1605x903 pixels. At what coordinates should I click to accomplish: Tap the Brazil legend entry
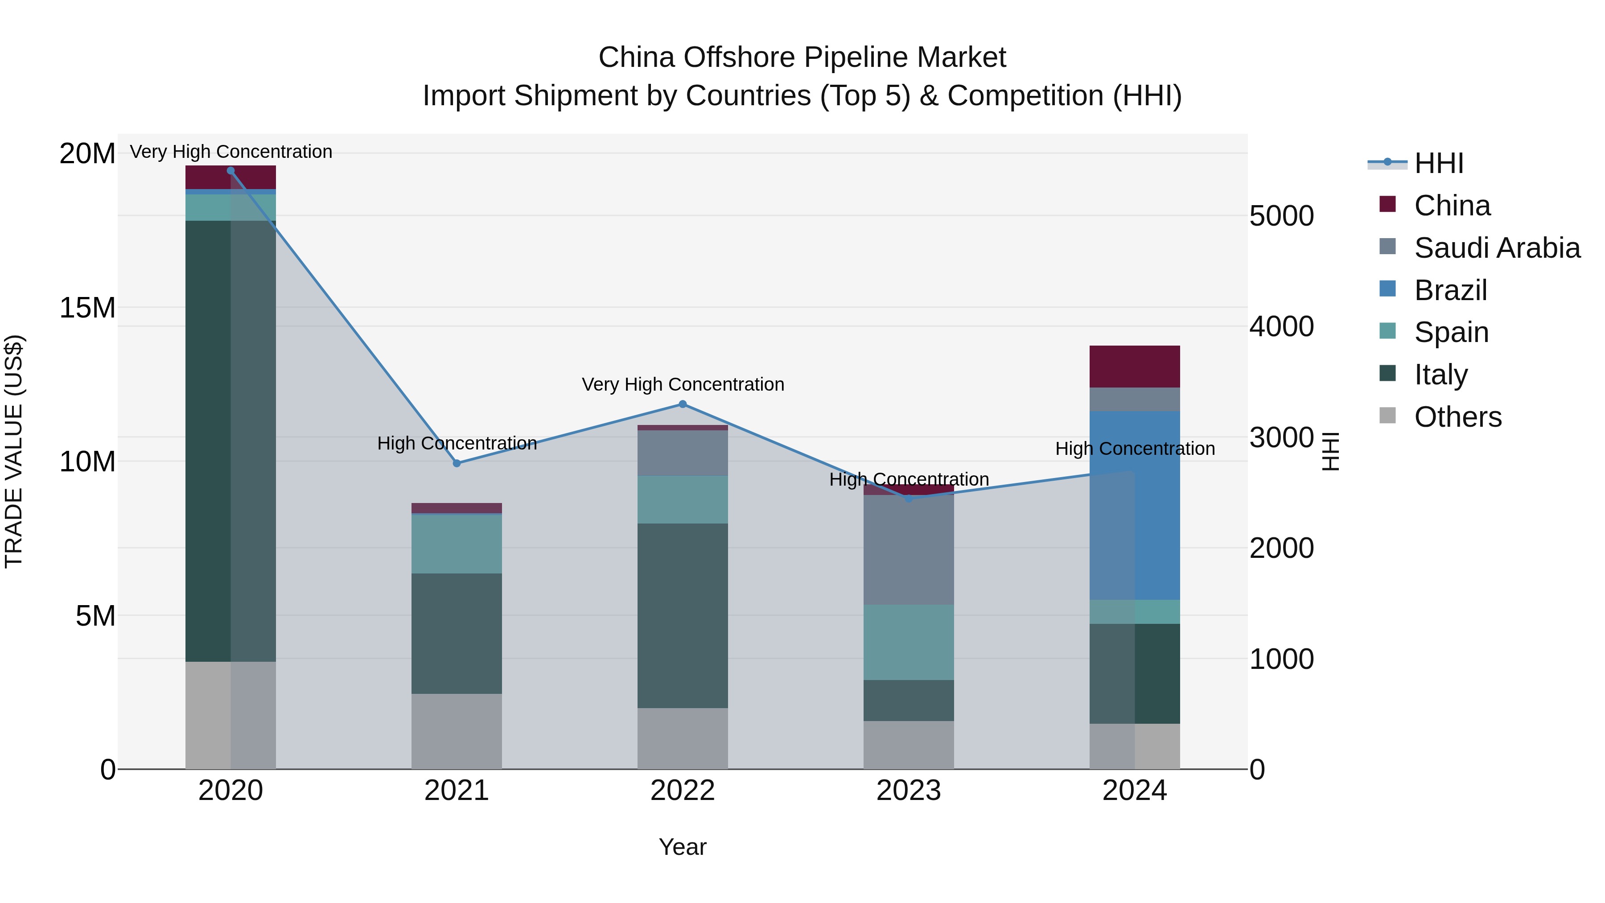tap(1450, 290)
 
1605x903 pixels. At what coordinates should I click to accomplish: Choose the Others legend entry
tap(1457, 417)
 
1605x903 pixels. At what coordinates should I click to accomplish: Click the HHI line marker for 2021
tap(457, 463)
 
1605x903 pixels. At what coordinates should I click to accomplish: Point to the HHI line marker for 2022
tap(682, 404)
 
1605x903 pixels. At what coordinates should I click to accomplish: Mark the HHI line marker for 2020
tap(230, 171)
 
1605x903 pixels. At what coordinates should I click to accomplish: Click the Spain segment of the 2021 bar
tap(457, 544)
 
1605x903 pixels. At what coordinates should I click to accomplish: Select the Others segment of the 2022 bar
tap(682, 738)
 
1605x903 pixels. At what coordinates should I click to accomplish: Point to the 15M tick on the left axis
tap(87, 308)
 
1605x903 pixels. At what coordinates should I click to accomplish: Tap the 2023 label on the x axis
tap(909, 791)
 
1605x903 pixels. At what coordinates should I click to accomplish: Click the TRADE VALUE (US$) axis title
tap(14, 451)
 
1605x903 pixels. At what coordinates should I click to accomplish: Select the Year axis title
tap(682, 847)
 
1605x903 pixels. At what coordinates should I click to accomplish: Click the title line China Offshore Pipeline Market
tap(802, 58)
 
